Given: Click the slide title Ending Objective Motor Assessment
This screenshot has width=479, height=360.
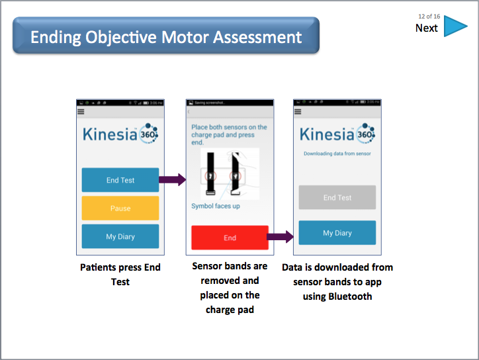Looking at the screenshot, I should tap(166, 36).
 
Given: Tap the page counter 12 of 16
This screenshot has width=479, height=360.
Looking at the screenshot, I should tap(429, 16).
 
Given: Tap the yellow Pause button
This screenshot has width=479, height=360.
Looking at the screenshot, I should tap(120, 208).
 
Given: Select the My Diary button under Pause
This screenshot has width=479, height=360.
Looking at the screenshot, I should tap(120, 236).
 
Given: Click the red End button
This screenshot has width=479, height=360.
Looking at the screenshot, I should tap(230, 238).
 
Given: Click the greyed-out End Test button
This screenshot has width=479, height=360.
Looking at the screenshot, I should tap(337, 197).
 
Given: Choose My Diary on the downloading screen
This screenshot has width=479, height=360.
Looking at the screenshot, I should tap(337, 233).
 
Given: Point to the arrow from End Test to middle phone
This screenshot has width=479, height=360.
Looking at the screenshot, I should tap(173, 179).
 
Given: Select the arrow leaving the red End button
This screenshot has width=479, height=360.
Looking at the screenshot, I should tap(281, 236).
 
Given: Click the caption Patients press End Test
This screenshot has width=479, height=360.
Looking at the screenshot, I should tap(120, 275).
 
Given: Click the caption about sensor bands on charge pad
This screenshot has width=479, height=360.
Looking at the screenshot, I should tap(230, 288).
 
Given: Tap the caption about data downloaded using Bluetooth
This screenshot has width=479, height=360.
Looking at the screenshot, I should tap(337, 282).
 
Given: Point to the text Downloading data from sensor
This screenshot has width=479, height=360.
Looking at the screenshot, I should tap(337, 154).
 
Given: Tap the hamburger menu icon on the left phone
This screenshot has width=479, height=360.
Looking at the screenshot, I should tap(81, 112).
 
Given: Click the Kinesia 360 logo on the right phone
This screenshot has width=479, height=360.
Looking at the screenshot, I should tap(337, 134).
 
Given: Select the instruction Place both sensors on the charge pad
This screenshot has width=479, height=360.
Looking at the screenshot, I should tap(229, 134).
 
